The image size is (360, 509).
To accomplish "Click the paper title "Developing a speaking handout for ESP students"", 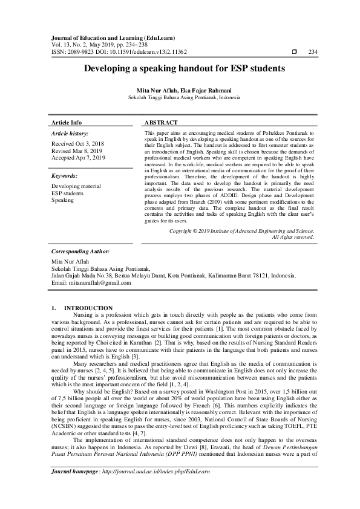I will [x=180, y=70].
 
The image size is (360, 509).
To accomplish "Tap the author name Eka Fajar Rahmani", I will [x=203, y=90].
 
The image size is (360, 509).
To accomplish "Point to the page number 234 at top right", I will [x=313, y=53].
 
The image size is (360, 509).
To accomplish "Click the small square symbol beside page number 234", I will [x=294, y=53].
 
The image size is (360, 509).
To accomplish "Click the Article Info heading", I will [x=67, y=122].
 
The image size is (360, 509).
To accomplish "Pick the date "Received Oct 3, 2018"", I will [x=78, y=144].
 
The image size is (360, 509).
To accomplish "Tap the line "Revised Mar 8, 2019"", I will [x=77, y=151].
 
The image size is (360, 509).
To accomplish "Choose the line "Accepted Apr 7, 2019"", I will [x=79, y=158].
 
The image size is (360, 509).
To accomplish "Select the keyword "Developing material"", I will [x=76, y=187].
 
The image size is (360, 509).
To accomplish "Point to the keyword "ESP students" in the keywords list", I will [x=67, y=193].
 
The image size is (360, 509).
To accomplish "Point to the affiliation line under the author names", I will [x=180, y=97].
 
